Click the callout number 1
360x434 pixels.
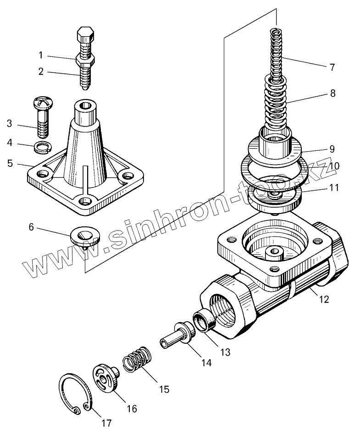[40, 55]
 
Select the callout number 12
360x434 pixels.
[324, 300]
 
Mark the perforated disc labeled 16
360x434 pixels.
[106, 378]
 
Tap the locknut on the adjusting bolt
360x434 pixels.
[86, 59]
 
